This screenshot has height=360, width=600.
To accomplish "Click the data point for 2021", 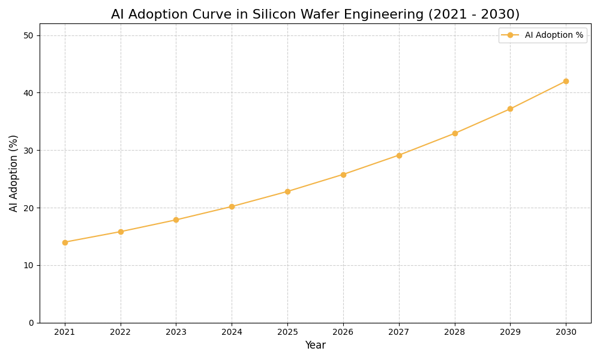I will [65, 242].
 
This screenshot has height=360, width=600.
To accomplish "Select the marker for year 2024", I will [232, 206].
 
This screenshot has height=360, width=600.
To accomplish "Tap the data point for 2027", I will [399, 155].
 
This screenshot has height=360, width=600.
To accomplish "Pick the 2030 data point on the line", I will [566, 81].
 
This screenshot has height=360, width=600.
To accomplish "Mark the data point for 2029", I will [510, 109].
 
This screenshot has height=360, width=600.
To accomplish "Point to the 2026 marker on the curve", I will [343, 175].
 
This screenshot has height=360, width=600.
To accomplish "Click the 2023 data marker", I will [176, 220].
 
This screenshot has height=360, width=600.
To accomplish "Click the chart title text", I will [315, 14].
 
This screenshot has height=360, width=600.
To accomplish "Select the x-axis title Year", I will [315, 346].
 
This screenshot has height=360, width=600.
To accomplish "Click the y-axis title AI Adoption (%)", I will [14, 173].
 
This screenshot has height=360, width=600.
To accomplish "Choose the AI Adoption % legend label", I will [554, 35].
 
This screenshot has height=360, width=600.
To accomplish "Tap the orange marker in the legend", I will [510, 35].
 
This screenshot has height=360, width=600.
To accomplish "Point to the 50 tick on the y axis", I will [29, 35].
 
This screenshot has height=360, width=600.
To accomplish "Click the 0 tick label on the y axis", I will [31, 323].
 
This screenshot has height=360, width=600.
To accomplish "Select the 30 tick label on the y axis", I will [29, 151].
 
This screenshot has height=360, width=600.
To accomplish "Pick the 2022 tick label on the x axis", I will [121, 332].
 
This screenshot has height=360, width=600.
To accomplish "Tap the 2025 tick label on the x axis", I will [287, 332].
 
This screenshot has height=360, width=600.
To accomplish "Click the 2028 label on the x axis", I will [455, 332].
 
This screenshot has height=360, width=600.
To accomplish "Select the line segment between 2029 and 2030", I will [538, 95].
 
